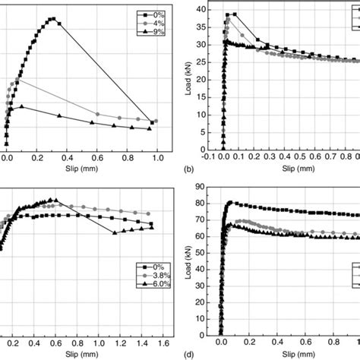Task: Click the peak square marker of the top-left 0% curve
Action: (52, 19)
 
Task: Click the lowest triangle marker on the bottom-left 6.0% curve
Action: (115, 232)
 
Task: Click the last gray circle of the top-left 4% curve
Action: (155, 121)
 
